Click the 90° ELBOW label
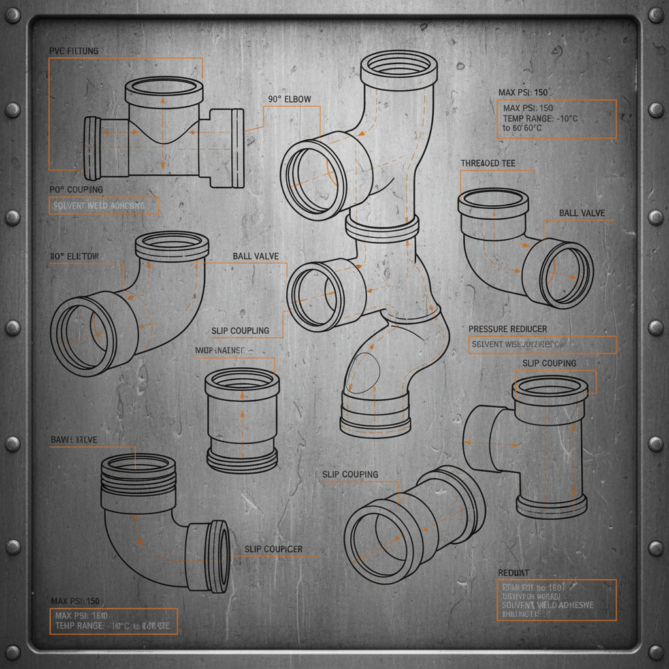289,99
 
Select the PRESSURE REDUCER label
508,329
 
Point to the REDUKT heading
514,572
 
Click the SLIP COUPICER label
273,549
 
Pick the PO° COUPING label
76,189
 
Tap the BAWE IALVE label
74,440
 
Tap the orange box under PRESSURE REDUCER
542,344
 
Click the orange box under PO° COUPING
103,206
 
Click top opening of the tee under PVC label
164,87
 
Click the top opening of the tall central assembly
399,65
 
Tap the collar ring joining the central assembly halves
382,227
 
